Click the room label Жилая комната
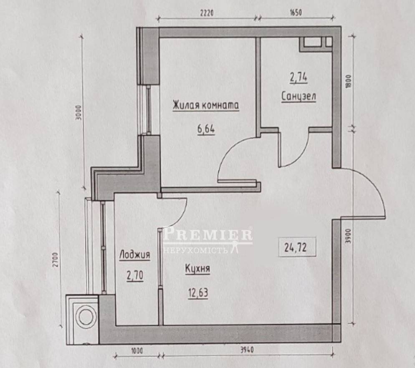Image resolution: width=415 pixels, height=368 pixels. pos(206,105)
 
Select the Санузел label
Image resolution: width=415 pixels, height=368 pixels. pos(299,96)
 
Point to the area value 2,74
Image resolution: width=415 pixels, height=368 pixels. pos(299,78)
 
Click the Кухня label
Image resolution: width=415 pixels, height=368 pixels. pos(197,269)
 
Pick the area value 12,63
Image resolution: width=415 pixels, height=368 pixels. pos(198,293)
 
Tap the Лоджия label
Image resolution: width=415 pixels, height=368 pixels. pos(135,255)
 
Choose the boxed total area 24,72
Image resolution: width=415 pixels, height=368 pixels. pos(295,247)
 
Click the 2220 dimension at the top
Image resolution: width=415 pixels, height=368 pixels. pos(207,13)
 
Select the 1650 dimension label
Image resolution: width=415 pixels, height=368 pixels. pos(295,13)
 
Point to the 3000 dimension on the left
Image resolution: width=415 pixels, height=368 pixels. pos(78,113)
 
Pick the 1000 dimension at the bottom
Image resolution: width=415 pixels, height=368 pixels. pos(137,350)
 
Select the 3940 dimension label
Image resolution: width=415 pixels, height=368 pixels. pos(247,350)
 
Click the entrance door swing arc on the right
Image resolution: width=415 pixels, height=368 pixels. pos(374,185)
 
